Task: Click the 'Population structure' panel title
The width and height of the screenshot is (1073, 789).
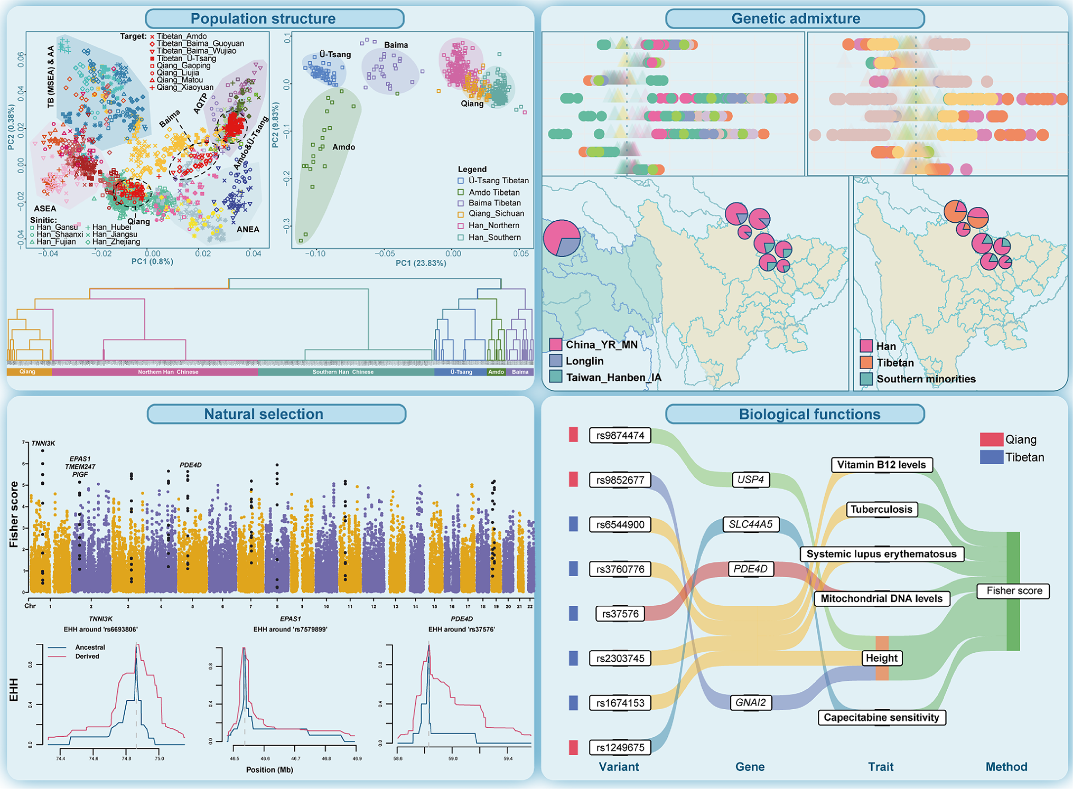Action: pyautogui.click(x=263, y=18)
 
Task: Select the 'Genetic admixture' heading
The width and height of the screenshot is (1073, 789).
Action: pyautogui.click(x=795, y=18)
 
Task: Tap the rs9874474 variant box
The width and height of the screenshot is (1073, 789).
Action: pyautogui.click(x=620, y=435)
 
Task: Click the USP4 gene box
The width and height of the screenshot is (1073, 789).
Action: pyautogui.click(x=750, y=480)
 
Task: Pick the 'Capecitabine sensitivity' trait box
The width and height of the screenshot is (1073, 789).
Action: pyautogui.click(x=881, y=717)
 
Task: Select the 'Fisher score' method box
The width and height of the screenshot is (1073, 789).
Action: pyautogui.click(x=1014, y=590)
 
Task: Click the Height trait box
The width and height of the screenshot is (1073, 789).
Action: pyautogui.click(x=881, y=658)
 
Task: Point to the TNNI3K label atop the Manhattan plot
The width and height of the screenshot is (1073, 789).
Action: pyautogui.click(x=43, y=443)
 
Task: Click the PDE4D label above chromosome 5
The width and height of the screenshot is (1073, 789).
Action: pyautogui.click(x=191, y=465)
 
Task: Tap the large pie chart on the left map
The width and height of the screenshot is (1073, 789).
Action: pyautogui.click(x=562, y=238)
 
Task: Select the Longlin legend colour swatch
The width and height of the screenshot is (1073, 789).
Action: pyautogui.click(x=555, y=361)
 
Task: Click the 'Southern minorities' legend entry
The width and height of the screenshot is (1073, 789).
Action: pyautogui.click(x=926, y=379)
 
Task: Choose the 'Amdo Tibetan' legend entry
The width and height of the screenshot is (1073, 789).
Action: pyautogui.click(x=494, y=192)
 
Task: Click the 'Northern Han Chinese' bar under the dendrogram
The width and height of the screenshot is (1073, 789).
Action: pyautogui.click(x=168, y=372)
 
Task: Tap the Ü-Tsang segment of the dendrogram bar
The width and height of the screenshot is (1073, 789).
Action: pyautogui.click(x=461, y=372)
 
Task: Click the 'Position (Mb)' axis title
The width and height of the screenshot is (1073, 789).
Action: pyautogui.click(x=269, y=769)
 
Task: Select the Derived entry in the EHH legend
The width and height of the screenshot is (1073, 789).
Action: pyautogui.click(x=87, y=656)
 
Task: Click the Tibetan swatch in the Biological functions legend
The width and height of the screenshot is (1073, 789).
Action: pyautogui.click(x=991, y=457)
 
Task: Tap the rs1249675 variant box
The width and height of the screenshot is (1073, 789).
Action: pyautogui.click(x=620, y=747)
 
